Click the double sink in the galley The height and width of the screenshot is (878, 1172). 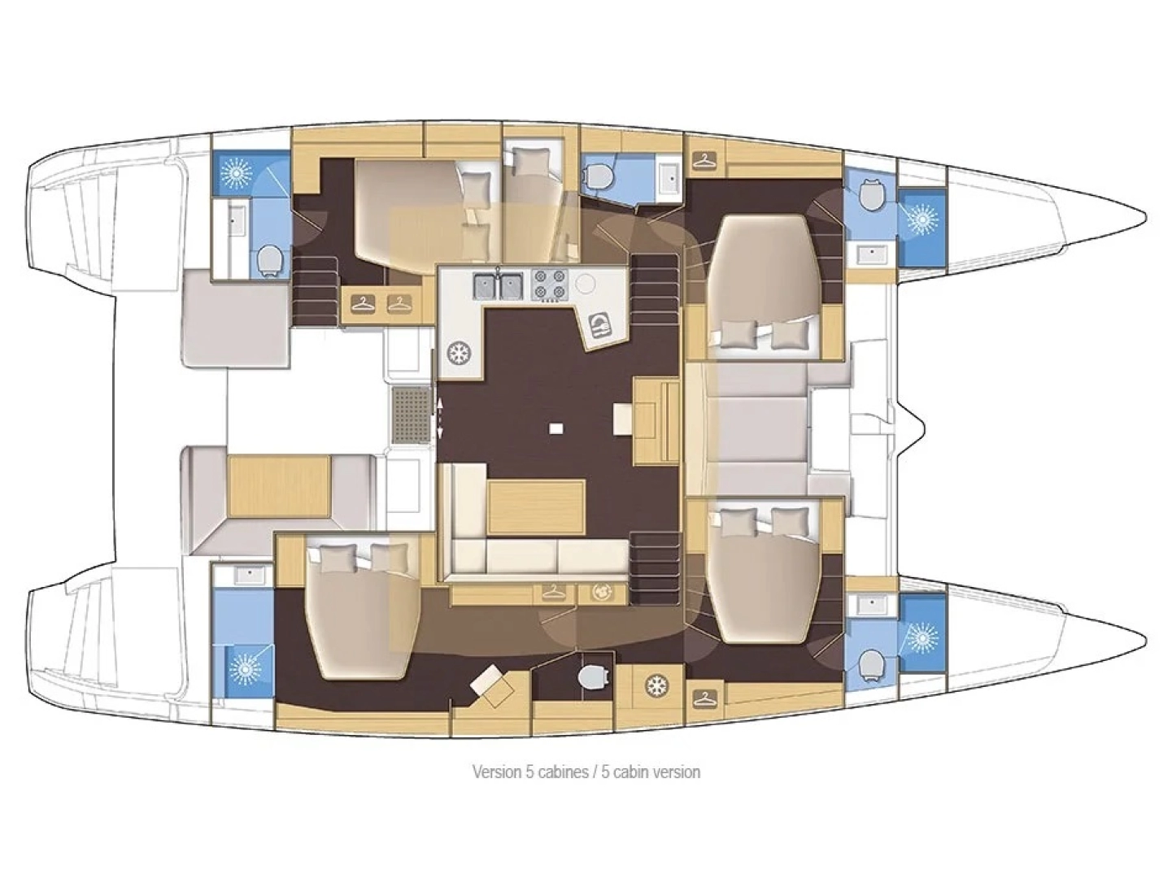(499, 285)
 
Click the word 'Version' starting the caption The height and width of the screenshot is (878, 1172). (496, 772)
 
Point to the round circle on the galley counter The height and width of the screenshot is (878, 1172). (586, 284)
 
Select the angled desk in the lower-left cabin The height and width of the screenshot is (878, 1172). (495, 685)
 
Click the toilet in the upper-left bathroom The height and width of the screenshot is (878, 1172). (270, 259)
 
